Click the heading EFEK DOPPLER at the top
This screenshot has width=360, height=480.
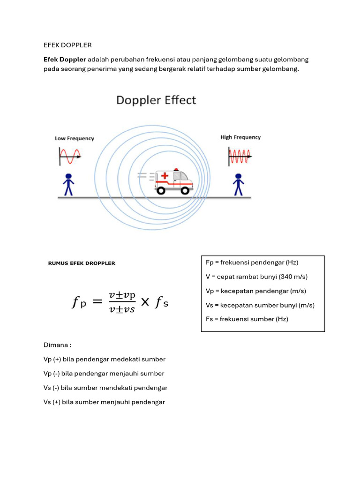(x=67, y=45)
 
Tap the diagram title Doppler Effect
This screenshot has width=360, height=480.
(x=156, y=100)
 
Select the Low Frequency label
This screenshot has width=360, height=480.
(x=75, y=138)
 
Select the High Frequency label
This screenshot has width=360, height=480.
(x=240, y=137)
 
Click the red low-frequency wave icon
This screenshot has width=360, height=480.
(x=70, y=156)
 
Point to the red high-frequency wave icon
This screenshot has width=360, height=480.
(x=240, y=156)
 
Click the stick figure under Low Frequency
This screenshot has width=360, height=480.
(x=69, y=184)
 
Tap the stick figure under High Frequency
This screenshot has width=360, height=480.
(x=239, y=184)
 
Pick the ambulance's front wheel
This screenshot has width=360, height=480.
(x=185, y=190)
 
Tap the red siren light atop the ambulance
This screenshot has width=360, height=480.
(x=176, y=169)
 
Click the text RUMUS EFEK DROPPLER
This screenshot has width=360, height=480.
(x=82, y=263)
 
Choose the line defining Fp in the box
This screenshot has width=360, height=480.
(x=252, y=262)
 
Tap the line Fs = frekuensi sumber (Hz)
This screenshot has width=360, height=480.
(x=247, y=319)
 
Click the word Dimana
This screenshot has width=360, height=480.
(x=57, y=345)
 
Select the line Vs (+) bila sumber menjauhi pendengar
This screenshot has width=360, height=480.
(x=104, y=402)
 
